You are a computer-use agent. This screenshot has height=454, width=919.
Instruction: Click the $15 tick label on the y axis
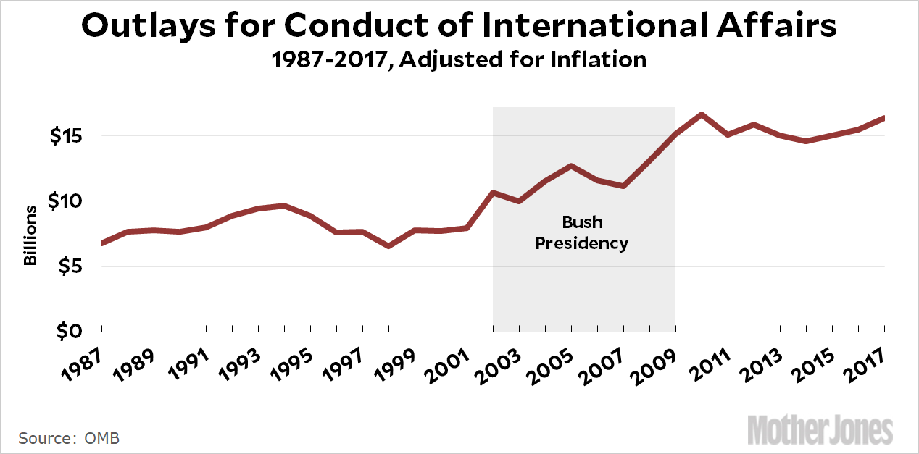point(67,136)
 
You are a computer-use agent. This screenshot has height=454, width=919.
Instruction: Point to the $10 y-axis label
point(67,201)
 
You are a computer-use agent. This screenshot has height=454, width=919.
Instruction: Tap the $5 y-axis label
point(72,266)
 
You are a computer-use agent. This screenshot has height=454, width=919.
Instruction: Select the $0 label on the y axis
point(72,331)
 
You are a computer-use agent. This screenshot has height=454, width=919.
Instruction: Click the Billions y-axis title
point(30,235)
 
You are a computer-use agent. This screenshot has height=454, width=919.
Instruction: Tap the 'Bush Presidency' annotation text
point(582,232)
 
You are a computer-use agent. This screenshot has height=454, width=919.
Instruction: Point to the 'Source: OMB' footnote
point(69,438)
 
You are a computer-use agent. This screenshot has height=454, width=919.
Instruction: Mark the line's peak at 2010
point(702,114)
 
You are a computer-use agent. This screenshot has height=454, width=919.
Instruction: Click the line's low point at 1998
point(388,246)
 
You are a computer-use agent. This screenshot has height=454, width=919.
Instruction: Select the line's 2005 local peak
point(571,166)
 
